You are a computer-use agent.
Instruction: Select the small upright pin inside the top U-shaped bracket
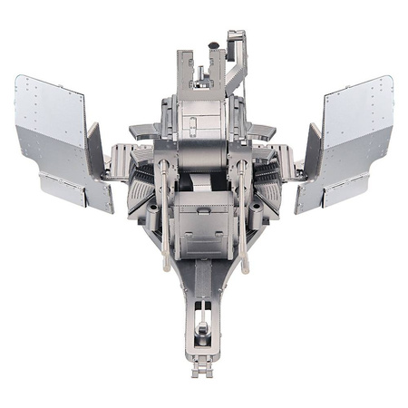tap(200, 68)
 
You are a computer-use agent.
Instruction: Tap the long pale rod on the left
tap(164, 213)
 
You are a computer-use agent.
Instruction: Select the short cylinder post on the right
tap(255, 213)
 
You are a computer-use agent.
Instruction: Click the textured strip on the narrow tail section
tap(203, 281)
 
